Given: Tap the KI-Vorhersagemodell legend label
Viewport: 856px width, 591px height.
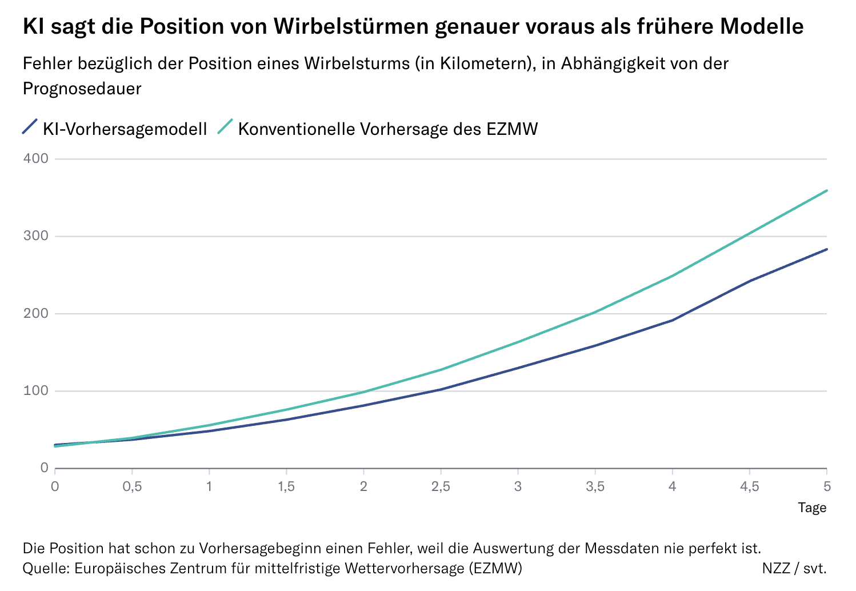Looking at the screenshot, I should pyautogui.click(x=125, y=129).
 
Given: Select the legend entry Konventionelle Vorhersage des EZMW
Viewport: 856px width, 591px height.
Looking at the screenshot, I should pyautogui.click(x=387, y=129).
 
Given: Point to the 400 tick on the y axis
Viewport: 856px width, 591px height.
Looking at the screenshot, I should pyautogui.click(x=35, y=158).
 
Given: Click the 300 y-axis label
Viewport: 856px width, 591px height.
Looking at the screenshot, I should pyautogui.click(x=35, y=236).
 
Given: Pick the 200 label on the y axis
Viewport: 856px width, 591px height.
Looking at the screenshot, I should pyautogui.click(x=35, y=314).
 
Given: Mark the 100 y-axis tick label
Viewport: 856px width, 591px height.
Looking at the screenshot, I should pyautogui.click(x=35, y=391).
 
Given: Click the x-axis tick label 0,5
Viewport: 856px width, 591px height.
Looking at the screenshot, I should pyautogui.click(x=132, y=487).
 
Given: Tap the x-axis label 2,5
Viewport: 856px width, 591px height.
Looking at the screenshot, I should pyautogui.click(x=441, y=487).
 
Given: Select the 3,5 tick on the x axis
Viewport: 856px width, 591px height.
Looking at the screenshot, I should pyautogui.click(x=595, y=487).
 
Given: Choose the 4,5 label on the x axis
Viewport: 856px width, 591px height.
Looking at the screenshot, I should pyautogui.click(x=749, y=487).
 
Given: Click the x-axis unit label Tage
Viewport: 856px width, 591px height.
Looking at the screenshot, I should pyautogui.click(x=812, y=508).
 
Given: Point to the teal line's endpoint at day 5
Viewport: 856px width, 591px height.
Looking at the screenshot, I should pyautogui.click(x=826, y=190).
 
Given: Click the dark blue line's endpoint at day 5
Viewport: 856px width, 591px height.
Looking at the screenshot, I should pyautogui.click(x=826, y=249).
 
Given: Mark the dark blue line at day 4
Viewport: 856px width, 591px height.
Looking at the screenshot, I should pyautogui.click(x=672, y=320).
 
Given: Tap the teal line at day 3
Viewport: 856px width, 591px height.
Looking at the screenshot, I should pyautogui.click(x=518, y=342).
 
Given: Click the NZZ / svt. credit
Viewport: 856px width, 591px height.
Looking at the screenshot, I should pyautogui.click(x=794, y=568).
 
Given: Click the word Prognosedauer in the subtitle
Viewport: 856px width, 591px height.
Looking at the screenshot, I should pyautogui.click(x=82, y=89).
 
